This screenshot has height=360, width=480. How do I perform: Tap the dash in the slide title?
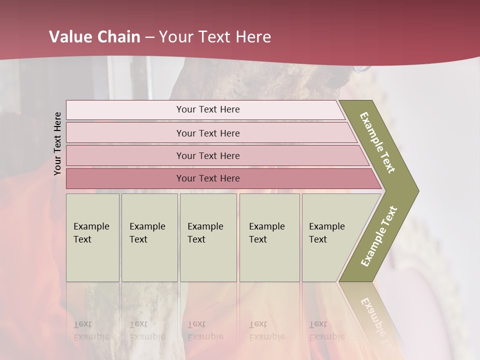tap(149, 37)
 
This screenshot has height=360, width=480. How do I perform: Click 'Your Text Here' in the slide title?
tap(215, 37)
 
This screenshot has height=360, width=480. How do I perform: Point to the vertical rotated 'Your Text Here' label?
tap(57, 143)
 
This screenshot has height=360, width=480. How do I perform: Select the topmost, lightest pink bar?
tap(207, 109)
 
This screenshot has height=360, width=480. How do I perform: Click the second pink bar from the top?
tap(207, 133)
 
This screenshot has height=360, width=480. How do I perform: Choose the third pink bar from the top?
tap(207, 155)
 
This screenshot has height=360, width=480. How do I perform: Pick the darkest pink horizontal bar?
tap(207, 178)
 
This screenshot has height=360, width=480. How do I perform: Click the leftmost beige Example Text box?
tap(92, 237)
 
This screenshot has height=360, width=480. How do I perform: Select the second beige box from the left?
tap(149, 237)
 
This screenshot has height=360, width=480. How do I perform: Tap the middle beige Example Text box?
tap(208, 237)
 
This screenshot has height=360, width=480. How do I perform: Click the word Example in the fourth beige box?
tap(266, 226)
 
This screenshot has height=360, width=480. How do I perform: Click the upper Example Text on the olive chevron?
tap(377, 142)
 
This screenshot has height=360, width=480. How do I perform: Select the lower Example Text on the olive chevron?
tap(379, 236)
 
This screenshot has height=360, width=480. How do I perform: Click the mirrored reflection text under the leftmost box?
tap(91, 330)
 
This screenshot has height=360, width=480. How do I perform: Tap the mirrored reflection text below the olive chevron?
tap(374, 315)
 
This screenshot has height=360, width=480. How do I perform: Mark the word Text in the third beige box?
tap(196, 239)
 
